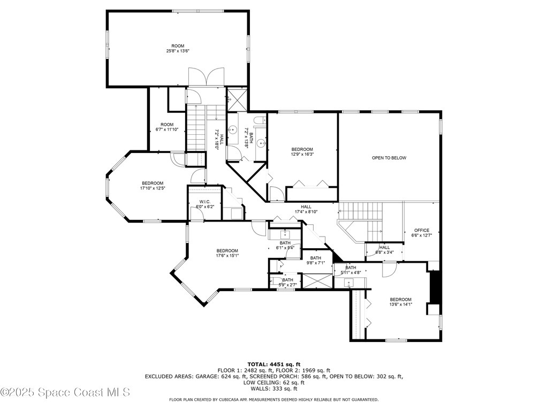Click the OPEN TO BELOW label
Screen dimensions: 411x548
click(389, 158)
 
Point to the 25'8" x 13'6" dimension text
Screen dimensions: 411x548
click(178, 51)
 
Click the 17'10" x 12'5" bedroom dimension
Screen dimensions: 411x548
click(152, 188)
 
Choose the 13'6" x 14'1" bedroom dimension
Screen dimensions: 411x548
click(400, 305)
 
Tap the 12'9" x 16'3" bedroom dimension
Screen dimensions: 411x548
click(302, 154)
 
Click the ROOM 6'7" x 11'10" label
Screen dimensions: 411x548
click(167, 127)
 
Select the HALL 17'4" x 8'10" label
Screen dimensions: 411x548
click(306, 209)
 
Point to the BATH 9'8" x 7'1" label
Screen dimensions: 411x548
click(316, 261)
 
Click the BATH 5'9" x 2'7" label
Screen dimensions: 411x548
click(288, 283)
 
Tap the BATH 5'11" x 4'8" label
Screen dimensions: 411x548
click(351, 270)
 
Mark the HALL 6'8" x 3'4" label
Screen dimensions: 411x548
click(384, 250)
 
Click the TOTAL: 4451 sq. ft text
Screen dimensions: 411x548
click(273, 364)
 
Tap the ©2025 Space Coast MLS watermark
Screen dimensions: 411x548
click(65, 392)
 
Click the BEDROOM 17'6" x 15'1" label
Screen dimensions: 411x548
click(227, 253)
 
